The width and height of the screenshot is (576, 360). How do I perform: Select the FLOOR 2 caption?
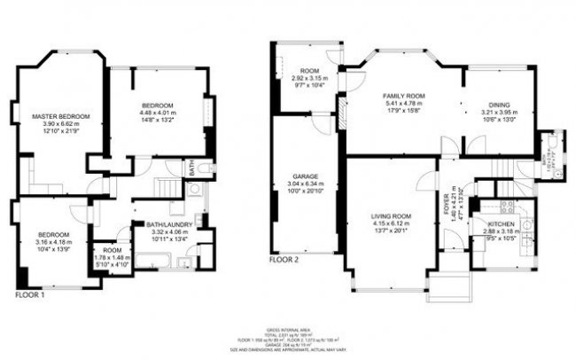[x=286, y=260]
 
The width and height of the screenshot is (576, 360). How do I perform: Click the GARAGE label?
[x=306, y=176]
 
